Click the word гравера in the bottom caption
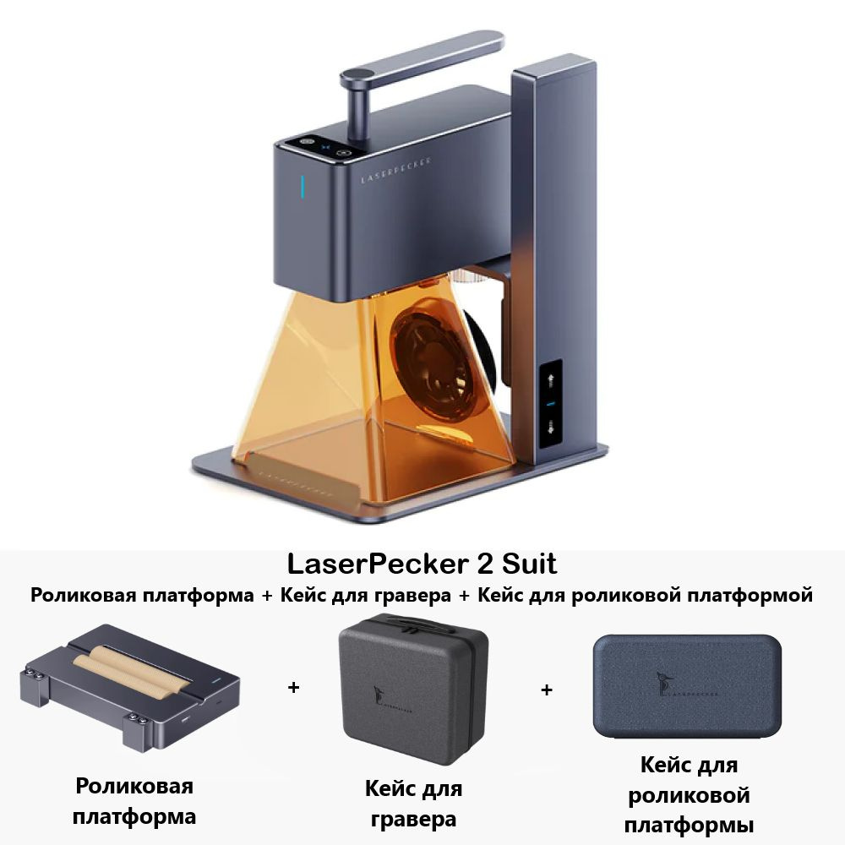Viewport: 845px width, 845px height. (413, 819)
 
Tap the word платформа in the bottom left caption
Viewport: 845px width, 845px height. (134, 817)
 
